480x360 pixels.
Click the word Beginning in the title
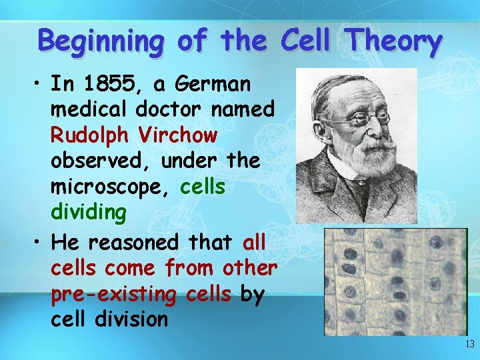tap(101, 41)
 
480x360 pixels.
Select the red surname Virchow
tap(178, 135)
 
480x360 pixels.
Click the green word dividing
tap(88, 213)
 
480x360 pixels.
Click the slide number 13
tap(469, 345)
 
